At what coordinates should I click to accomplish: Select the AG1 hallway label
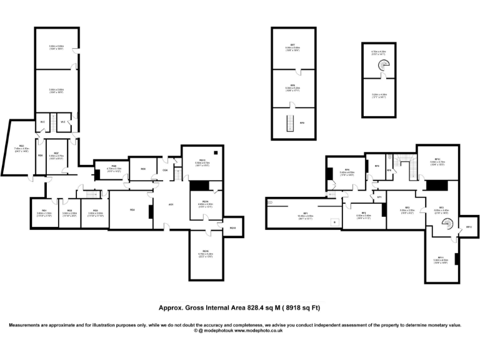(170, 204)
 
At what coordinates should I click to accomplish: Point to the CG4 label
(165, 169)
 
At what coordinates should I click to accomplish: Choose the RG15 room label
(232, 228)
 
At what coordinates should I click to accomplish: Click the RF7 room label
(292, 45)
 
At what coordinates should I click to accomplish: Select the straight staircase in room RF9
(289, 124)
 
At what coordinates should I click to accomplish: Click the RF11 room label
(440, 257)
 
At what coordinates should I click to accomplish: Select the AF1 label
(378, 197)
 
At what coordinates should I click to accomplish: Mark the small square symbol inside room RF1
(335, 221)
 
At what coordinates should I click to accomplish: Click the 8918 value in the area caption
(293, 307)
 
